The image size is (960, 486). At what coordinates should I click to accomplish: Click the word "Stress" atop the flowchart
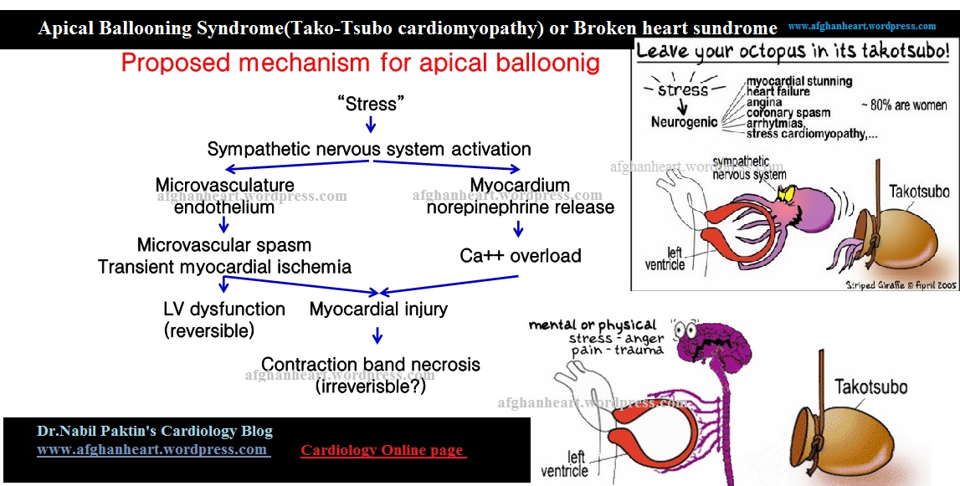371,104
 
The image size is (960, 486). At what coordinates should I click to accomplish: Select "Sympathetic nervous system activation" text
369,150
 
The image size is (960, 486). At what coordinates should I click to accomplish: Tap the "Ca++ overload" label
521,256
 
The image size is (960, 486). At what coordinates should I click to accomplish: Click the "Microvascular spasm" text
224,246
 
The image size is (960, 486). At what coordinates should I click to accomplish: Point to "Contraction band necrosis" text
371,365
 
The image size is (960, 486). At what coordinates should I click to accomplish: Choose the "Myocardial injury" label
378,310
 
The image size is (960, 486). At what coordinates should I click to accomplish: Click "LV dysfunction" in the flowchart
224,310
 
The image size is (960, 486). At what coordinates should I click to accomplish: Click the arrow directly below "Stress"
371,125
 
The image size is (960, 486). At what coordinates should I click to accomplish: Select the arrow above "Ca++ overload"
519,228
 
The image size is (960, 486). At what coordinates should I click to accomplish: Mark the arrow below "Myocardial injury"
377,335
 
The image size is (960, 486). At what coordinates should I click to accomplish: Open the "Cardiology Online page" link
382,451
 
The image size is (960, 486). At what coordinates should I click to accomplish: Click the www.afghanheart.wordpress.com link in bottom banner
152,450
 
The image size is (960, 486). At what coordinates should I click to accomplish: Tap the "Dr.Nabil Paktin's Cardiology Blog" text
155,432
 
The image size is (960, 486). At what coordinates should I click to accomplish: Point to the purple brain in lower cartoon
711,343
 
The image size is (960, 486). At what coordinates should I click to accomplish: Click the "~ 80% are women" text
904,106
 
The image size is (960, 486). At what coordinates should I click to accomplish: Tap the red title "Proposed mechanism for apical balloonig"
361,64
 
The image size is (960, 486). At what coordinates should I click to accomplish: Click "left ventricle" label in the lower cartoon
578,464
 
